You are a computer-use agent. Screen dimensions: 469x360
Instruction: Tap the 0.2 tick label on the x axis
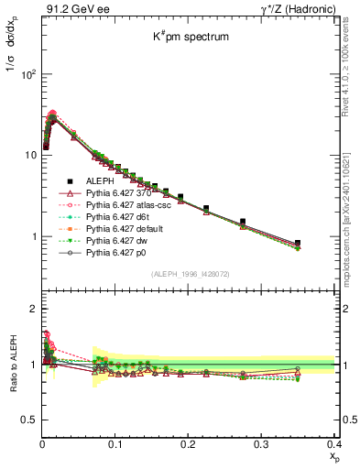(189, 444)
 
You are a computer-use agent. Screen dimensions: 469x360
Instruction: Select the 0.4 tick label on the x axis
(333, 444)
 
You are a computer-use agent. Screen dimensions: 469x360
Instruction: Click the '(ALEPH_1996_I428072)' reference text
(188, 274)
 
